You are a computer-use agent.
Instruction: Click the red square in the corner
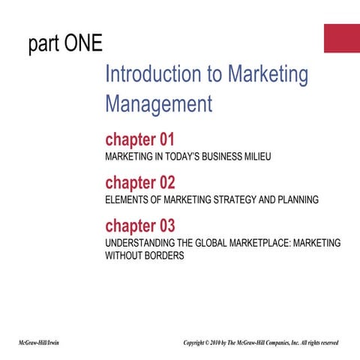coord(341,37)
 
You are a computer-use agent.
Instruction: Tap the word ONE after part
coord(83,44)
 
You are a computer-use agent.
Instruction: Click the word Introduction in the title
coord(154,74)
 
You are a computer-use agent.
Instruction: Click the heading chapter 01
coord(139,139)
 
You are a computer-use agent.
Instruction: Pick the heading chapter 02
coord(139,182)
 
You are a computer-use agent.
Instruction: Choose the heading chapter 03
coord(139,226)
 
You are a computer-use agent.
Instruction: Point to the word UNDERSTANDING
coord(144,243)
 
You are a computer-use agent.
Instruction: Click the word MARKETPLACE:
coord(276,243)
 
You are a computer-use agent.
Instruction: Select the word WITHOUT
coord(124,256)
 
